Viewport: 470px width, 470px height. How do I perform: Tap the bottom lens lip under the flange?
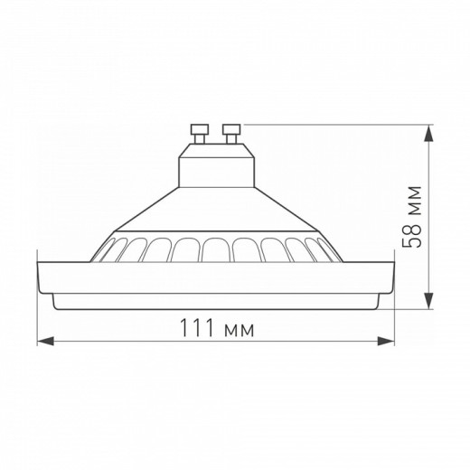(216, 300)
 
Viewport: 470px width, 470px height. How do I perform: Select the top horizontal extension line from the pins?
(334, 125)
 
